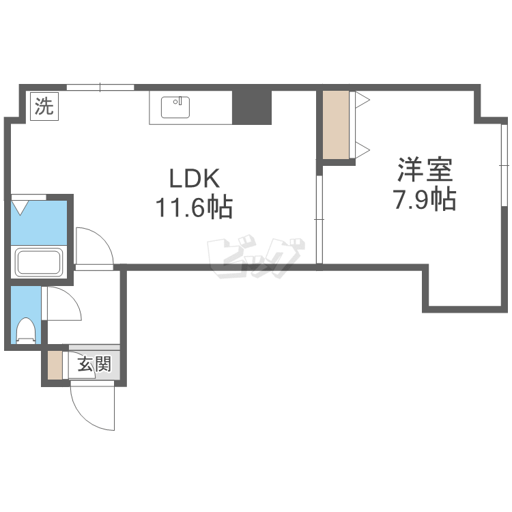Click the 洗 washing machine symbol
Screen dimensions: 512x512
tap(44, 106)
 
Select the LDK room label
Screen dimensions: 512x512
tap(194, 180)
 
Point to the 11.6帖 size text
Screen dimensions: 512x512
tap(194, 205)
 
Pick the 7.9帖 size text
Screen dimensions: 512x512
tap(425, 199)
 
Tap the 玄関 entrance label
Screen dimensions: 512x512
tap(94, 365)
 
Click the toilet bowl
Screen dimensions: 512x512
tap(26, 330)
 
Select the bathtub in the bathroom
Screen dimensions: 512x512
tap(39, 262)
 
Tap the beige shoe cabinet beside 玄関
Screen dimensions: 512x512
tap(55, 365)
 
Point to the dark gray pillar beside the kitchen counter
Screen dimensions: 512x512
tap(252, 106)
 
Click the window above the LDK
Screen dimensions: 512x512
tap(100, 87)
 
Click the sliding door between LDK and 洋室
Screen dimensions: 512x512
tap(318, 218)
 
